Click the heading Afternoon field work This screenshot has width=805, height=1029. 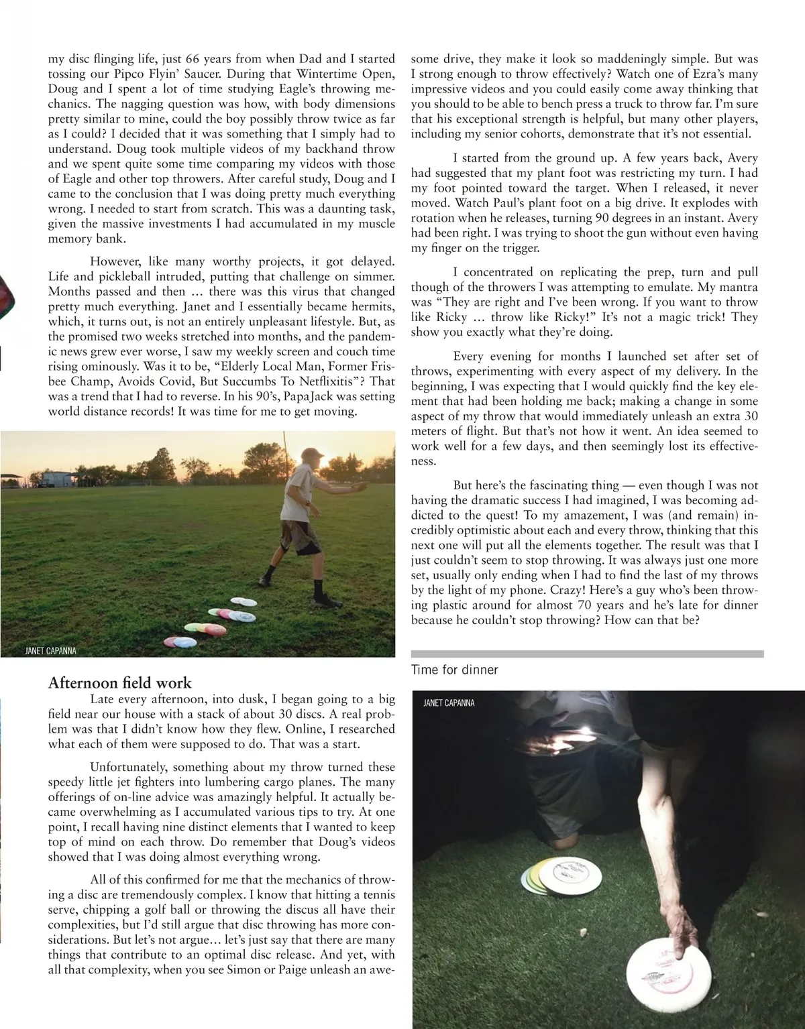(120, 683)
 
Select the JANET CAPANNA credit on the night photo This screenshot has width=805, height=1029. (449, 703)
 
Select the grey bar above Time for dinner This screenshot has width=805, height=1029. (587, 654)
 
